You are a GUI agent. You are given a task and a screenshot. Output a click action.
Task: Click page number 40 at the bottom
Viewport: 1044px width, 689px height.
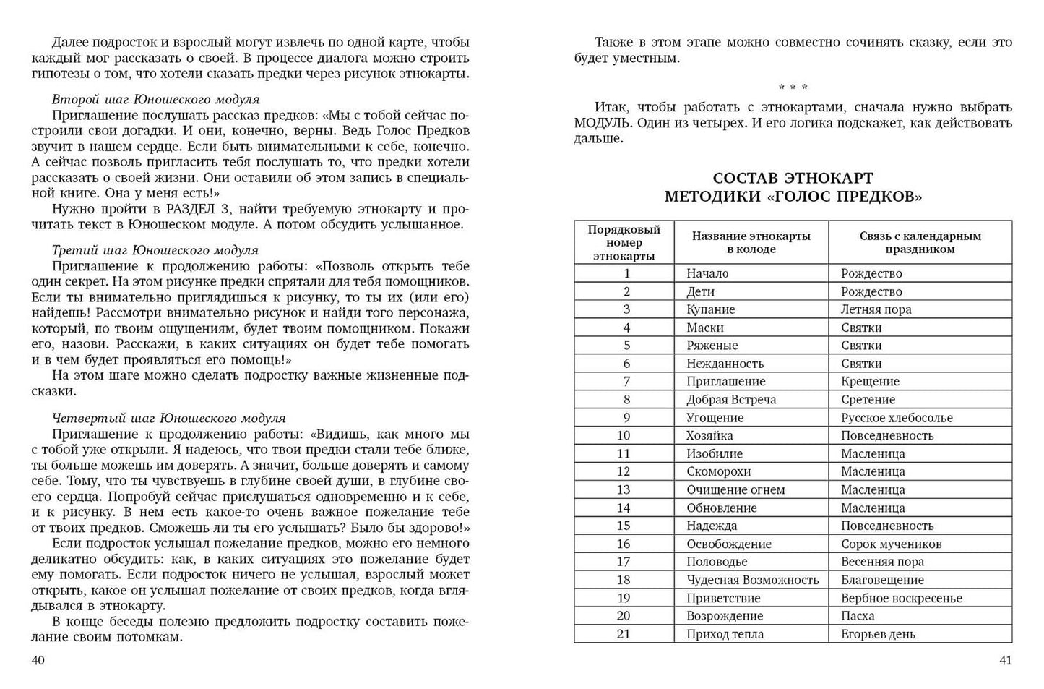[x=38, y=660]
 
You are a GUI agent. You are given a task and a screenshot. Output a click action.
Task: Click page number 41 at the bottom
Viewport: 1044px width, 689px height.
[x=1004, y=660]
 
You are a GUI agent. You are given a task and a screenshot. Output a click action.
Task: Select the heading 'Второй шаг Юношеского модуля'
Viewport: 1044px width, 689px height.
[x=155, y=99]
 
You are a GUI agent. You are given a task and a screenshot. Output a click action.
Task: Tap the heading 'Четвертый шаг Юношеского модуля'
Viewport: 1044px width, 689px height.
[x=168, y=418]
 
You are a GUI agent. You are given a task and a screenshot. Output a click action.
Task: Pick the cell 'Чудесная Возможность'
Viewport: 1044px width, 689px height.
[x=752, y=580]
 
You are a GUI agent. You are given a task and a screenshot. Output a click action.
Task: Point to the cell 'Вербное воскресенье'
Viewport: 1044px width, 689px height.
[x=901, y=598]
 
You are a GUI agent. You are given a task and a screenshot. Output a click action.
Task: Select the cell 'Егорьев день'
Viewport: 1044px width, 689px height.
[x=877, y=634]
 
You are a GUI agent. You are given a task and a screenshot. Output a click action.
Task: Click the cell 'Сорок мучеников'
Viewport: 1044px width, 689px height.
[x=891, y=544]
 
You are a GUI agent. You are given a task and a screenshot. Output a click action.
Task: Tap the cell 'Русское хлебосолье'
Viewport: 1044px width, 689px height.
[x=896, y=418]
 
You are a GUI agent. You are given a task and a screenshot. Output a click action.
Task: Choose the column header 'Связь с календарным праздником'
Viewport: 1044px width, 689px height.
[x=920, y=242]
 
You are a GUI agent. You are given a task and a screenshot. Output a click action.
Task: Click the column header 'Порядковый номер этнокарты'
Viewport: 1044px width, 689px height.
[x=624, y=242]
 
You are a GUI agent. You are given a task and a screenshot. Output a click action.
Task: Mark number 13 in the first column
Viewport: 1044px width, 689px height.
[x=624, y=489]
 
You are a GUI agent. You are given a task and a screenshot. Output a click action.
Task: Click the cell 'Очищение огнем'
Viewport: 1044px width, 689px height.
[x=735, y=489]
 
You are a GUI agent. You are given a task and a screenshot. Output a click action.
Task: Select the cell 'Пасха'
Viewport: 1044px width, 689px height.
[x=858, y=616]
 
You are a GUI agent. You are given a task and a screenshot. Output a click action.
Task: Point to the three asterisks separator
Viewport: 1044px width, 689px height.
[x=793, y=87]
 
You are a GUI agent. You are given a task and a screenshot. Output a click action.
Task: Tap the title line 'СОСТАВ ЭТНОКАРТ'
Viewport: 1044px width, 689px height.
[x=793, y=178]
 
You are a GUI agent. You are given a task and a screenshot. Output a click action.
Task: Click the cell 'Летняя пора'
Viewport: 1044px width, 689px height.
[x=876, y=309]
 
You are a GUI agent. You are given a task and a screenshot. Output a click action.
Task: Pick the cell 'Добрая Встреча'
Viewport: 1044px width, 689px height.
[x=730, y=400]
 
